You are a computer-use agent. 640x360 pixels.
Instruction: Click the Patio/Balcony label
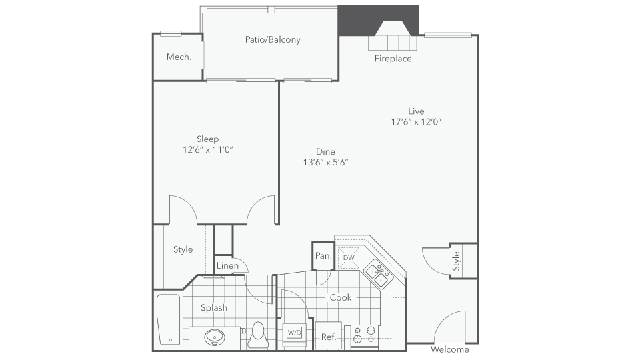click(x=273, y=39)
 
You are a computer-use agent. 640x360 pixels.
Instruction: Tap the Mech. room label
click(x=179, y=57)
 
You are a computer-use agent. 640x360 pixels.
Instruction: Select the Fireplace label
click(x=393, y=59)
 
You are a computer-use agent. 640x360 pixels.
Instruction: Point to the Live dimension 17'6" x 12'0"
click(x=416, y=121)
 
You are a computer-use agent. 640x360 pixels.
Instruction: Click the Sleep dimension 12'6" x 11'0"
click(x=208, y=149)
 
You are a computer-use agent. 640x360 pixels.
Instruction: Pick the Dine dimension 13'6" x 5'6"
click(x=325, y=162)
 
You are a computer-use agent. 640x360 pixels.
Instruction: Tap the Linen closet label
click(x=227, y=266)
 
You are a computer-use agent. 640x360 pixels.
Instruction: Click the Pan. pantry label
click(x=323, y=256)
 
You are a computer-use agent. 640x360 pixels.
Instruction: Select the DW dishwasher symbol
click(x=349, y=257)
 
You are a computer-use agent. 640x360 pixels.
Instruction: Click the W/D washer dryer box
click(x=294, y=332)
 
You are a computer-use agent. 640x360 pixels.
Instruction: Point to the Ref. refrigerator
click(x=329, y=336)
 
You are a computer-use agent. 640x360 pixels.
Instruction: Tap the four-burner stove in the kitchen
click(x=365, y=334)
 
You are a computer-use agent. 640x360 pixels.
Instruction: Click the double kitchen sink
click(x=379, y=274)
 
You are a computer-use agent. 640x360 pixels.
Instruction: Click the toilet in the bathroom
click(x=258, y=335)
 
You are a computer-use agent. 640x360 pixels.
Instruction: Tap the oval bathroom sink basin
click(x=215, y=337)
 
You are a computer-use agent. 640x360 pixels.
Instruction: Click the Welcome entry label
click(x=450, y=349)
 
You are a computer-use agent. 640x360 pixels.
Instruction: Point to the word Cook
click(x=341, y=297)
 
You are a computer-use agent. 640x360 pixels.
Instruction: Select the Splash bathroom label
click(x=214, y=308)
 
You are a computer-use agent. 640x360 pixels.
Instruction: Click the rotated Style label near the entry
click(x=456, y=261)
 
